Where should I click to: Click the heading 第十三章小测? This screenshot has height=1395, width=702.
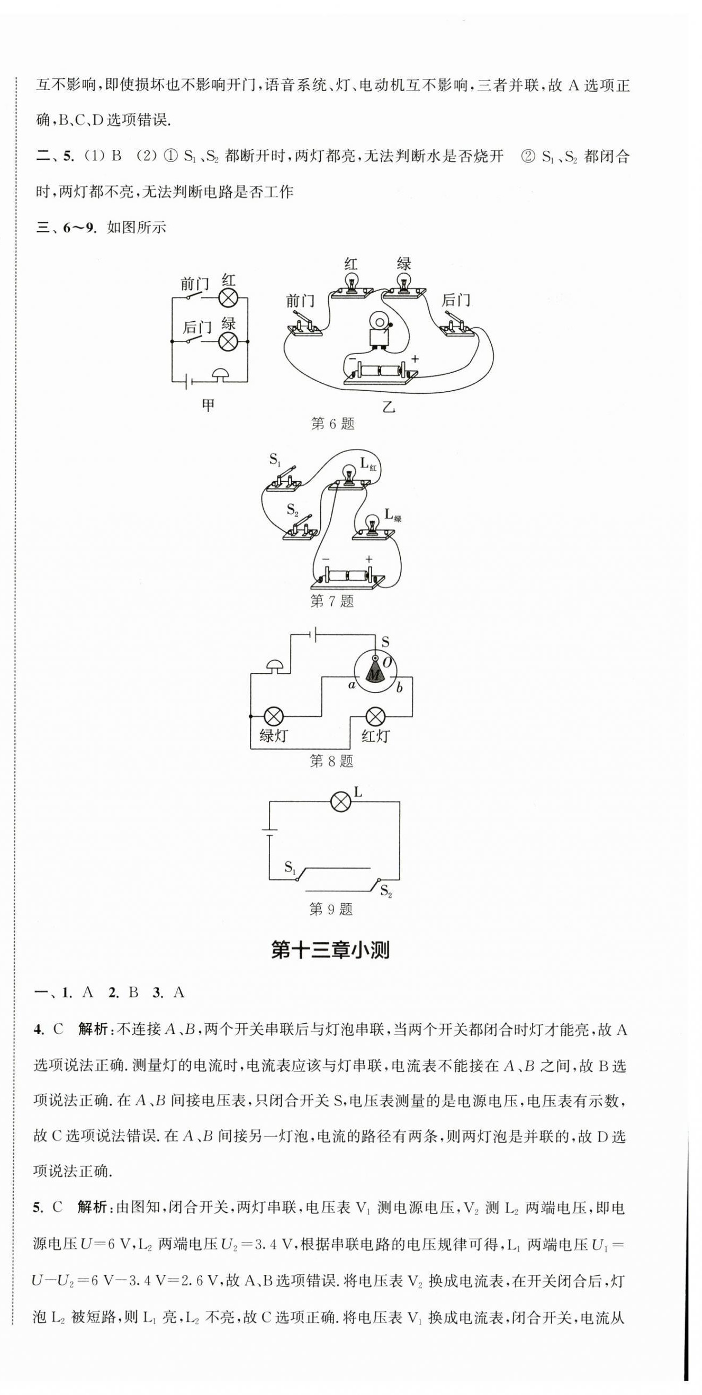click(330, 950)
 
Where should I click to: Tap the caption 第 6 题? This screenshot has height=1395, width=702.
click(332, 424)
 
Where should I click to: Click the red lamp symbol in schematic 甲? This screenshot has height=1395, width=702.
click(229, 298)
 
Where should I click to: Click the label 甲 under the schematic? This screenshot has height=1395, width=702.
click(209, 404)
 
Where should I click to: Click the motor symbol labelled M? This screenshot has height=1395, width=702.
click(374, 673)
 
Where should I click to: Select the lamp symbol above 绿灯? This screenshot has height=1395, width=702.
click(274, 716)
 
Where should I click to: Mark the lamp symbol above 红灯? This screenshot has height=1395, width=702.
click(375, 716)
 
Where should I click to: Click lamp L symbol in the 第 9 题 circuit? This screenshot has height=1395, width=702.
click(341, 802)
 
